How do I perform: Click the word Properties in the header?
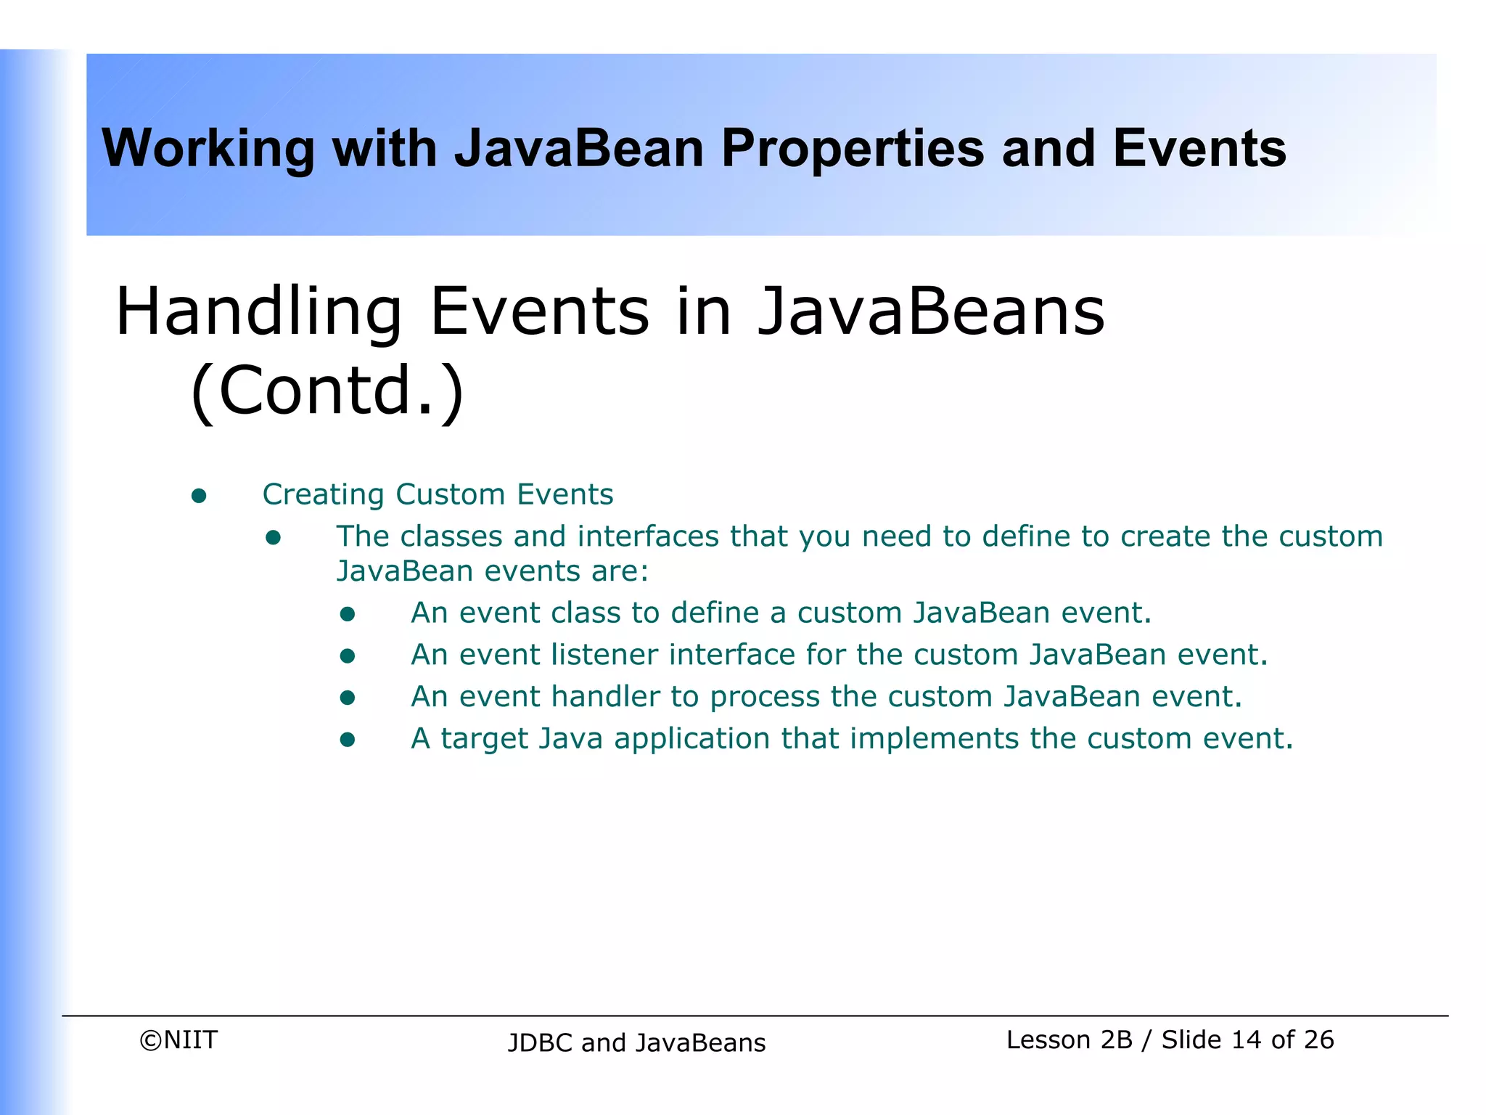pyautogui.click(x=853, y=150)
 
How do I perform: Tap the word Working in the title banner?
pyautogui.click(x=208, y=150)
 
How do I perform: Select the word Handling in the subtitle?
pyautogui.click(x=258, y=312)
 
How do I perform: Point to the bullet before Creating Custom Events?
pyautogui.click(x=199, y=497)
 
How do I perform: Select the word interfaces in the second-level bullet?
pyautogui.click(x=648, y=536)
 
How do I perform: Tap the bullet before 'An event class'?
pyautogui.click(x=348, y=615)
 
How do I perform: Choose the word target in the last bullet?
pyautogui.click(x=484, y=739)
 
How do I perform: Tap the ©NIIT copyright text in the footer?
pyautogui.click(x=178, y=1040)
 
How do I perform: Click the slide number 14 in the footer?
pyautogui.click(x=1246, y=1040)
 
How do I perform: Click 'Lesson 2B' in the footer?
pyautogui.click(x=1069, y=1040)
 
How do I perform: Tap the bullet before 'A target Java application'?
pyautogui.click(x=348, y=740)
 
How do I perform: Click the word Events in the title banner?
pyautogui.click(x=1199, y=150)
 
